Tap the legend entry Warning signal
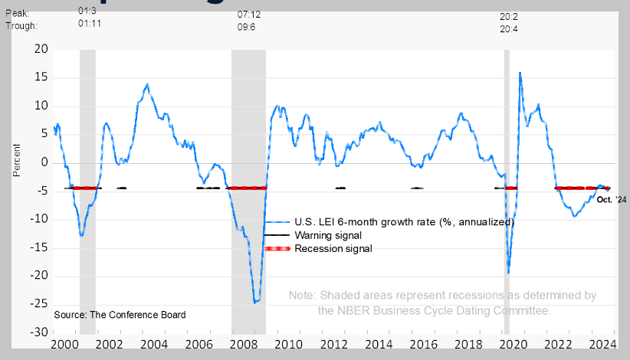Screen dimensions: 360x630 (x=327, y=235)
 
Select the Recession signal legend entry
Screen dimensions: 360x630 (x=333, y=249)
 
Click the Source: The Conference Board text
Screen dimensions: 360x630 (x=120, y=315)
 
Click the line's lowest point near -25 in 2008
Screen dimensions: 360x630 (x=256, y=302)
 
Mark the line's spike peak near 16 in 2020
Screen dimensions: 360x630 (x=520, y=73)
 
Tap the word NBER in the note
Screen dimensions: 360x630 (x=354, y=311)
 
